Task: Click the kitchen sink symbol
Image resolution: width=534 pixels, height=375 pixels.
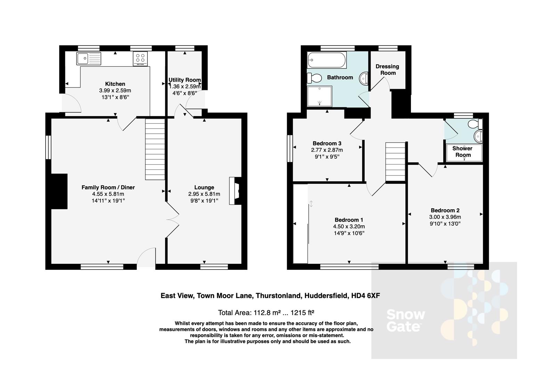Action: pyautogui.click(x=89, y=58)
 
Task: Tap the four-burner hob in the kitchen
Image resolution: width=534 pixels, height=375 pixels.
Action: pyautogui.click(x=140, y=59)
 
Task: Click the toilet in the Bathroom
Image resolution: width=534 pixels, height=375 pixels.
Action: pyautogui.click(x=314, y=78)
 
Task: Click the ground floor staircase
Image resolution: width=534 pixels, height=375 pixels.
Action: pyautogui.click(x=155, y=149)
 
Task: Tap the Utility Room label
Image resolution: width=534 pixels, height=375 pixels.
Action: pyautogui.click(x=185, y=80)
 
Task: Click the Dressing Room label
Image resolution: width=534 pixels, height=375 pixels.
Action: pyautogui.click(x=387, y=69)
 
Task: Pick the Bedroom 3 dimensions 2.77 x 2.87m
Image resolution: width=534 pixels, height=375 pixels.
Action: pyautogui.click(x=327, y=150)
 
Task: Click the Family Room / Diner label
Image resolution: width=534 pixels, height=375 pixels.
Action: pyautogui.click(x=108, y=187)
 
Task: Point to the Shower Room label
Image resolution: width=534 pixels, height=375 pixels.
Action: pyautogui.click(x=463, y=152)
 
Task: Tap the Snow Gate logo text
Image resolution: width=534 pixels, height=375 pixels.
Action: pyautogui.click(x=405, y=320)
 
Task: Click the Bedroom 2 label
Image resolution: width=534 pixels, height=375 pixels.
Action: pyautogui.click(x=445, y=210)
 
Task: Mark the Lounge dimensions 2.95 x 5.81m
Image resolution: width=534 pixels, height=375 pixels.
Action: pyautogui.click(x=204, y=194)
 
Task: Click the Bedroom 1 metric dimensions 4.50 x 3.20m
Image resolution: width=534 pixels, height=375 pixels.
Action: pyautogui.click(x=349, y=226)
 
